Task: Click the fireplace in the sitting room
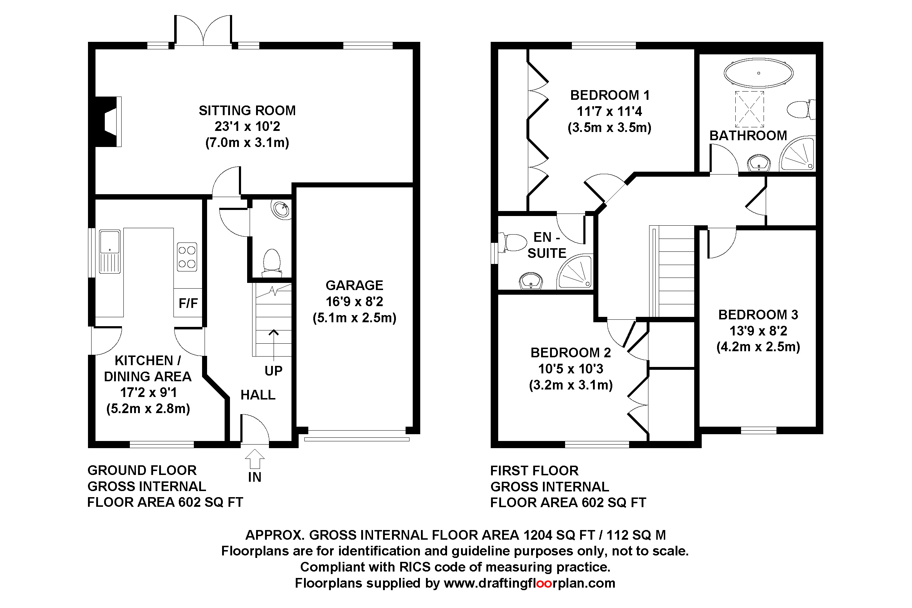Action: click(108, 122)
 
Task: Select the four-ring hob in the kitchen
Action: click(187, 257)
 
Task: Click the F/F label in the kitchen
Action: click(188, 303)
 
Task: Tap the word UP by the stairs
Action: click(273, 371)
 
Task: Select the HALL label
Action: click(258, 395)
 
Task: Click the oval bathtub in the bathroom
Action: click(758, 73)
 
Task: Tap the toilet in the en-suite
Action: click(513, 242)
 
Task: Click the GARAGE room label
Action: click(354, 285)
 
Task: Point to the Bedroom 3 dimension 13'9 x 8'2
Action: click(758, 331)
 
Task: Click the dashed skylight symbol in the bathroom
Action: click(749, 109)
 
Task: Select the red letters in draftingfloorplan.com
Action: click(544, 583)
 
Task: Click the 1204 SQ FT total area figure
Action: click(559, 535)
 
